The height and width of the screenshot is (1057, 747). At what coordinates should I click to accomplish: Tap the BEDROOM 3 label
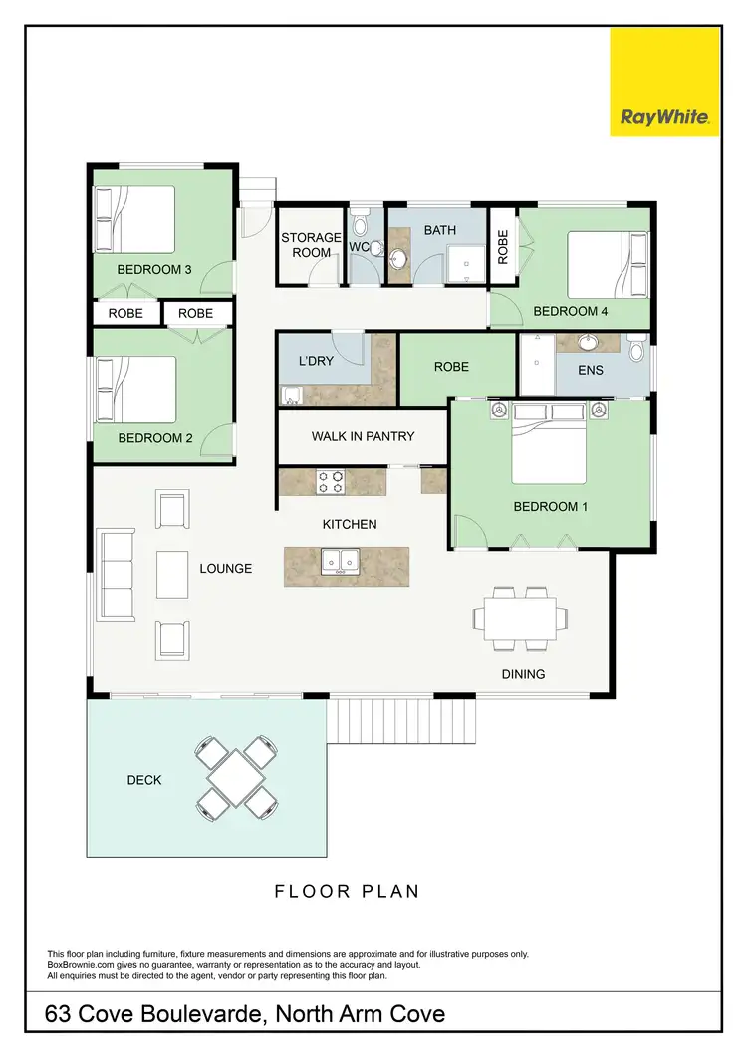[x=154, y=269]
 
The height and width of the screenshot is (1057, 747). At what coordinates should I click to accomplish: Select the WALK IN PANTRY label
[x=363, y=436]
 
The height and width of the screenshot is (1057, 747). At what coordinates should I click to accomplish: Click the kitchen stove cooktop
[x=331, y=483]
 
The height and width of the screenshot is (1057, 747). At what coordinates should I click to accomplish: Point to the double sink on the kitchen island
[x=340, y=563]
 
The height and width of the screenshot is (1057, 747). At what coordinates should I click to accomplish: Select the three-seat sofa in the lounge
[x=116, y=575]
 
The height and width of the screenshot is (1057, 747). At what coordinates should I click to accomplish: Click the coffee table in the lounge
[x=172, y=575]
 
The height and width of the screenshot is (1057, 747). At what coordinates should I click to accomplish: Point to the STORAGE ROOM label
[x=311, y=245]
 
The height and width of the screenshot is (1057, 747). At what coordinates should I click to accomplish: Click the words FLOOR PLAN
[x=347, y=891]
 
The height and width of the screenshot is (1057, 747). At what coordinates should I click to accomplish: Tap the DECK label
[x=144, y=780]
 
